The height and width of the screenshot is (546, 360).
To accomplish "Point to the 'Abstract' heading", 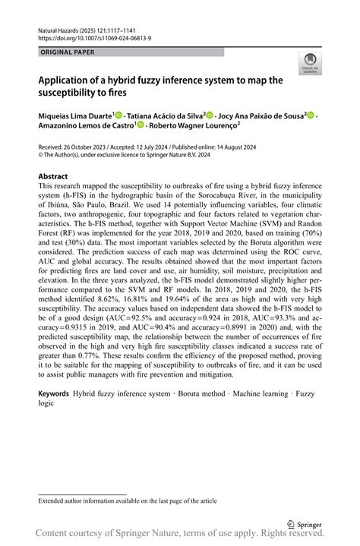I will coord(53,175).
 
